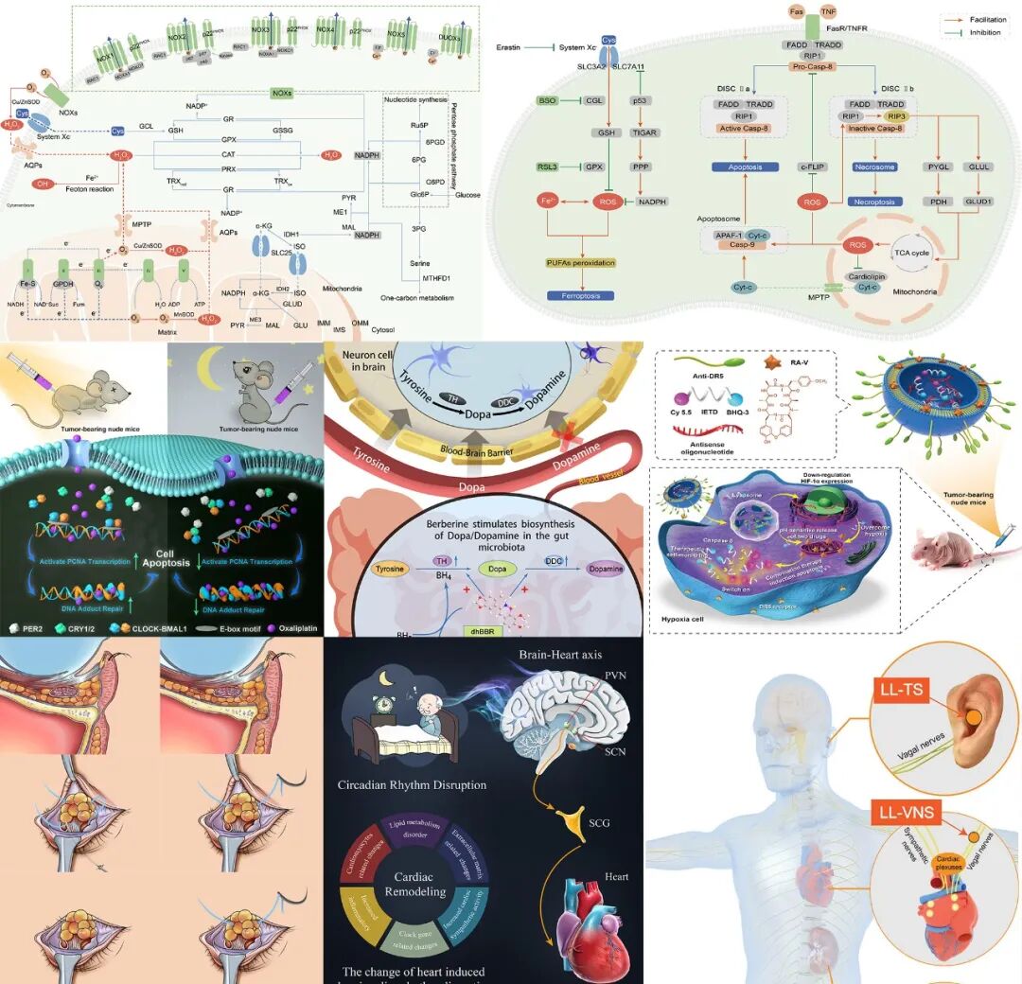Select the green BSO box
pos(547,100)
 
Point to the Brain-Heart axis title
pos(559,655)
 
